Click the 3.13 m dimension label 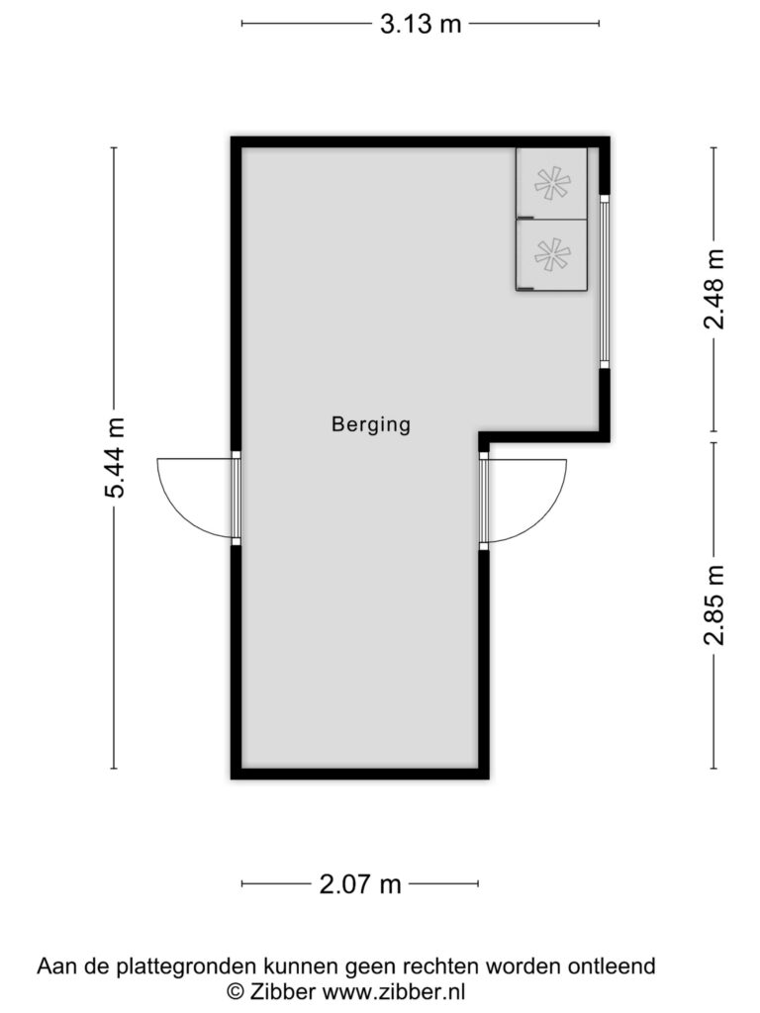click(x=421, y=24)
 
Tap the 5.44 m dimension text click(x=115, y=457)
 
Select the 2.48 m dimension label click(x=714, y=289)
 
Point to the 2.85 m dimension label click(x=714, y=605)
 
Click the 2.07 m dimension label click(x=360, y=883)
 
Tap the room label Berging click(x=371, y=424)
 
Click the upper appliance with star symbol click(x=551, y=183)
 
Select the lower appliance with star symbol click(x=551, y=255)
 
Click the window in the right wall click(x=605, y=281)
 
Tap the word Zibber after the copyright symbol click(x=282, y=991)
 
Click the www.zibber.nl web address click(x=394, y=991)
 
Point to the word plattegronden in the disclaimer click(x=186, y=967)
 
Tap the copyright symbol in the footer click(x=236, y=991)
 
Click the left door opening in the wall click(x=236, y=499)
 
